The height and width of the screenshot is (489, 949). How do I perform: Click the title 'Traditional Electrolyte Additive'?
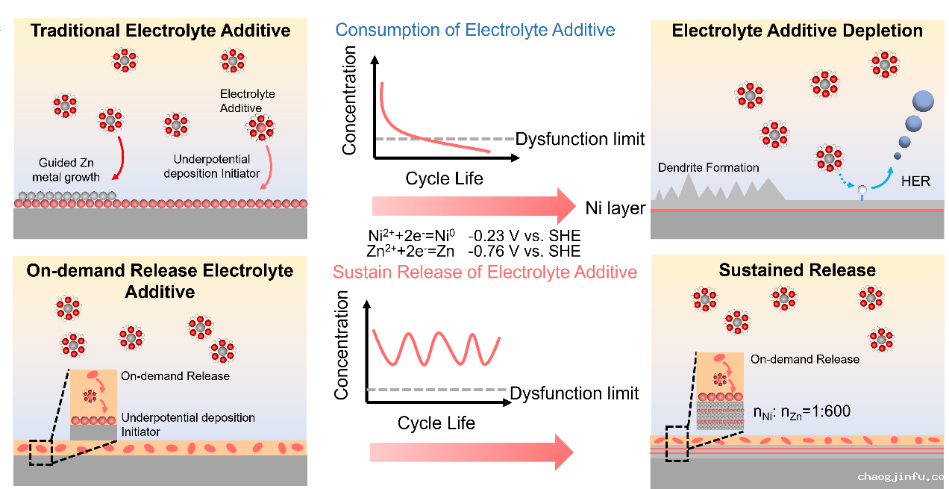pyautogui.click(x=160, y=31)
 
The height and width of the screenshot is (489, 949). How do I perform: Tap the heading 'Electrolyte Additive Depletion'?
pyautogui.click(x=797, y=31)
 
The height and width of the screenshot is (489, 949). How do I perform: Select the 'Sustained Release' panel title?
pyautogui.click(x=797, y=270)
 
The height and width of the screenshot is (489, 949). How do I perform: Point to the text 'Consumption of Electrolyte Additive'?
pyautogui.click(x=475, y=30)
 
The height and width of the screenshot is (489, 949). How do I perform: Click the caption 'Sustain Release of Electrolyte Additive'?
pyautogui.click(x=485, y=272)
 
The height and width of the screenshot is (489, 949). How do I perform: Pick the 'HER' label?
pyautogui.click(x=915, y=181)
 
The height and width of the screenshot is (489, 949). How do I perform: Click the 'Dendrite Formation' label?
pyautogui.click(x=708, y=167)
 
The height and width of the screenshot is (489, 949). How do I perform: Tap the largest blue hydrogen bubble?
pyautogui.click(x=923, y=101)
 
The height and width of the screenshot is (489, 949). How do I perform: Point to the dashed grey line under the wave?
pyautogui.click(x=436, y=390)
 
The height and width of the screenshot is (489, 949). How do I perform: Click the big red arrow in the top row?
pyautogui.click(x=474, y=205)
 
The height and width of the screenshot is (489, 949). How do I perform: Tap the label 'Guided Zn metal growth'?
pyautogui.click(x=72, y=169)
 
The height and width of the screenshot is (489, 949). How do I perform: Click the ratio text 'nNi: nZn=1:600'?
pyautogui.click(x=801, y=411)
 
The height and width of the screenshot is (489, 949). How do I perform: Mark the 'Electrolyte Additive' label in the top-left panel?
pyautogui.click(x=247, y=101)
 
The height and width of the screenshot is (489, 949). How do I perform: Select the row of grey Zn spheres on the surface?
pyautogui.click(x=66, y=196)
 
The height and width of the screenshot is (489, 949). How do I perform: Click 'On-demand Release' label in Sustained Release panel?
pyautogui.click(x=804, y=359)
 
